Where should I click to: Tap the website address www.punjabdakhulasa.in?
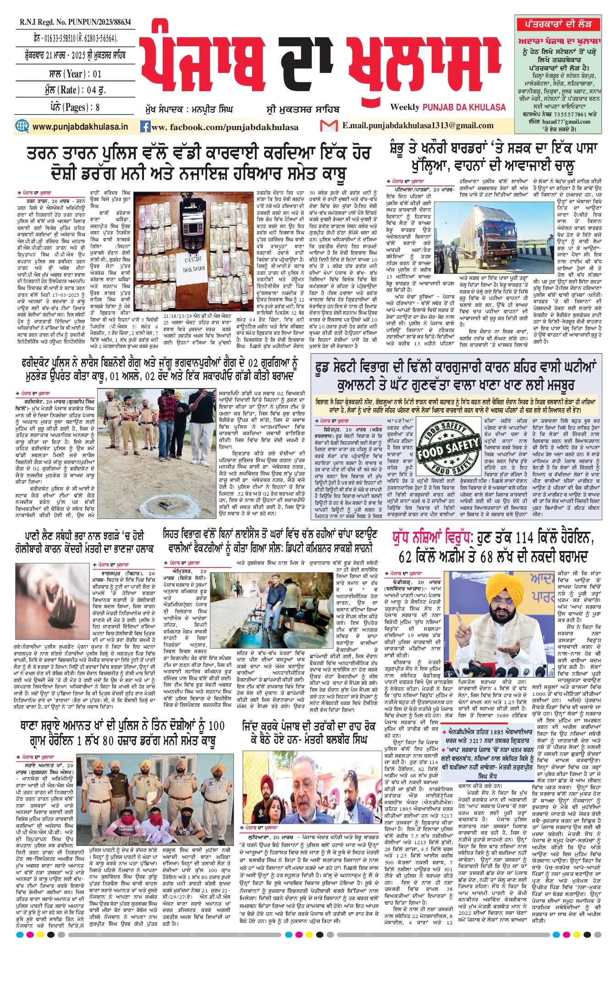[80, 126]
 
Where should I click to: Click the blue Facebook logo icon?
[145, 126]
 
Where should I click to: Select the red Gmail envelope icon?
[329, 126]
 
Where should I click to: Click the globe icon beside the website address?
[22, 126]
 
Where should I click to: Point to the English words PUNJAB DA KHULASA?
[464, 107]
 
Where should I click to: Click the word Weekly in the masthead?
[405, 107]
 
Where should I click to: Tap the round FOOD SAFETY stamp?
[449, 448]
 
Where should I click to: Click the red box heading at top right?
[563, 24]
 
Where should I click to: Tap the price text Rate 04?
[75, 90]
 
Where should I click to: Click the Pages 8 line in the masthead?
[75, 107]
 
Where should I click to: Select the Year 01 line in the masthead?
[75, 73]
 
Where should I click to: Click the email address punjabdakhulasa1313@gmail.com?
[417, 126]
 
